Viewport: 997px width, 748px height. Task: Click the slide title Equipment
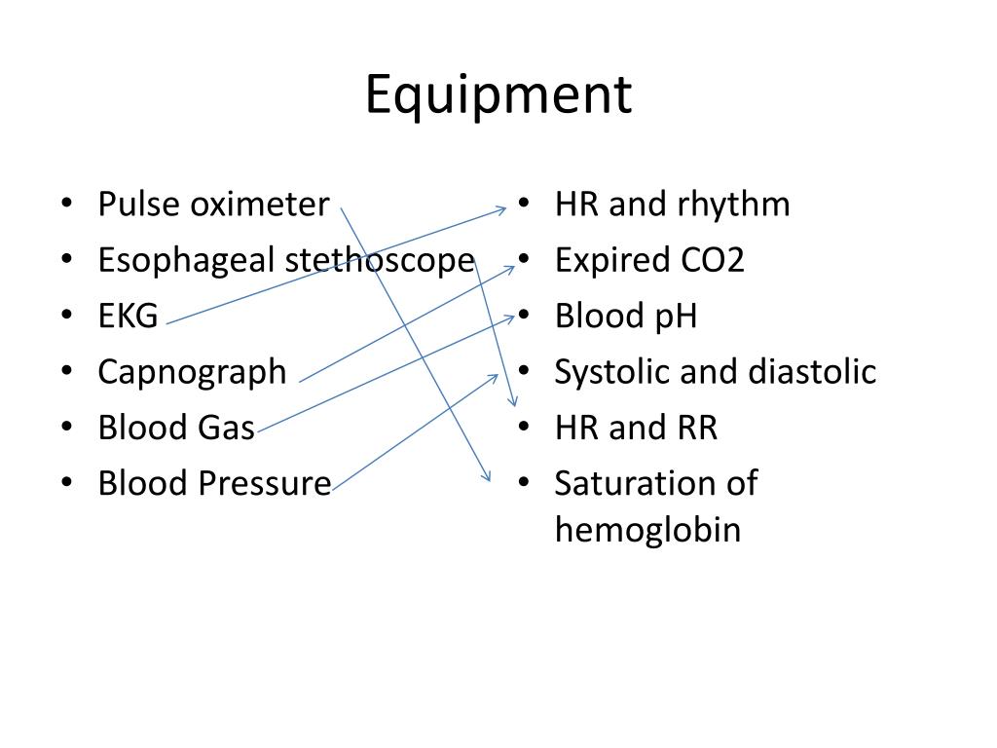498,95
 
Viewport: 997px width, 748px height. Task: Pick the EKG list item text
128,317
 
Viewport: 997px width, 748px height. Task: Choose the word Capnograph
193,372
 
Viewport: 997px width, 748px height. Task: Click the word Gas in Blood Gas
223,428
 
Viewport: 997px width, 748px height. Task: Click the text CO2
712,261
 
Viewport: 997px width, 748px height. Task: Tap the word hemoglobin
647,530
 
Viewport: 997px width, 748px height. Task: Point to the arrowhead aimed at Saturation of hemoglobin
487,476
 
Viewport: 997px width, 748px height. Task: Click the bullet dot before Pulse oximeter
65,206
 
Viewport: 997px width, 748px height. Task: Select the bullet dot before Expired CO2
523,261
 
